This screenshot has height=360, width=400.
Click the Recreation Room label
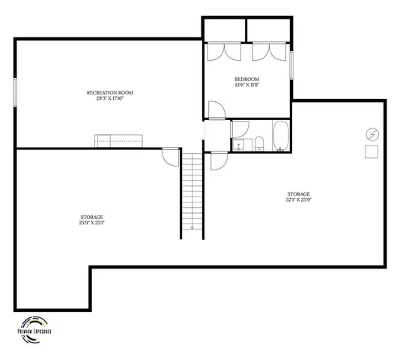[115, 92]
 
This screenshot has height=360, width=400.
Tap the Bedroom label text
[247, 79]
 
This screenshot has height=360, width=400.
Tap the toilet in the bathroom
[259, 143]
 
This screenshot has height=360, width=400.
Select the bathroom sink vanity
[240, 142]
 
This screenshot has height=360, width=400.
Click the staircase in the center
[193, 191]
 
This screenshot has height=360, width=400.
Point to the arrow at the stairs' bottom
[193, 226]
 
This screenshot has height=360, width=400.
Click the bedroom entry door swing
[216, 110]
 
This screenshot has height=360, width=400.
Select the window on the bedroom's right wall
[291, 64]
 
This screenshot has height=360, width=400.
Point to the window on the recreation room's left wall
[15, 92]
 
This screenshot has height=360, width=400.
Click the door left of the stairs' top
[171, 157]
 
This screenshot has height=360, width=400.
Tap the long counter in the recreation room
[118, 140]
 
